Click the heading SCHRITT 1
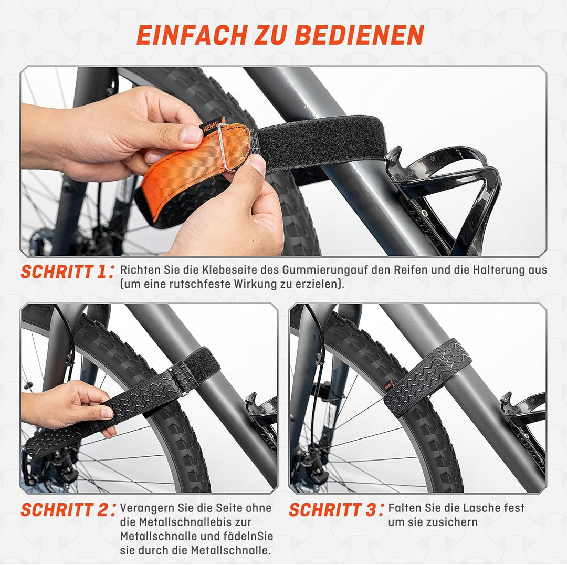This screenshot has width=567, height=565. coord(64,271)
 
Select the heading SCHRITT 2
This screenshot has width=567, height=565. coord(64,510)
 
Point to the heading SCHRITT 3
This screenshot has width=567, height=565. coord(332,510)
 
